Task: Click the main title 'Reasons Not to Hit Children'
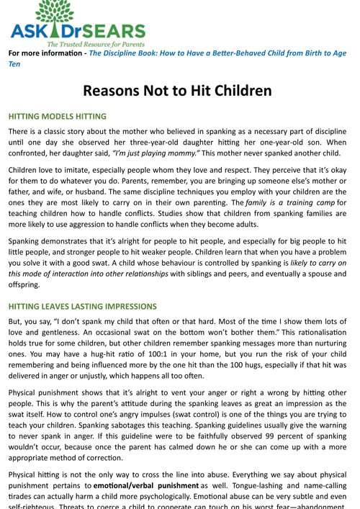coord(177,91)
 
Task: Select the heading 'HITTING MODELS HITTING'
coord(57,116)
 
